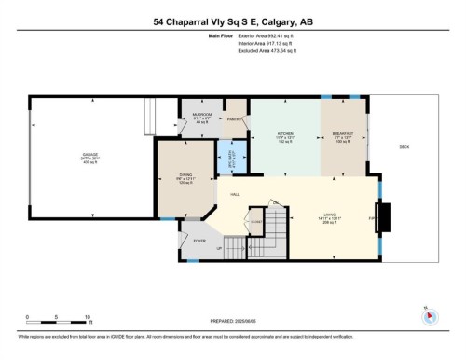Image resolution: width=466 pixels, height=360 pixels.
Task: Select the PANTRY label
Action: pyautogui.click(x=236, y=119)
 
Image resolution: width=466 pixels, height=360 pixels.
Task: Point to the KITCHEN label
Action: pyautogui.click(x=285, y=134)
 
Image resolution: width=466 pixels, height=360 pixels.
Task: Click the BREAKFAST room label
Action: pyautogui.click(x=343, y=134)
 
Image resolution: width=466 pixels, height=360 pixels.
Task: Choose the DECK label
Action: pyautogui.click(x=404, y=148)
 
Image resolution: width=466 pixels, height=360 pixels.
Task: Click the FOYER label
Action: pyautogui.click(x=199, y=241)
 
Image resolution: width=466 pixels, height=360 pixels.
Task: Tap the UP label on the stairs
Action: pyautogui.click(x=220, y=249)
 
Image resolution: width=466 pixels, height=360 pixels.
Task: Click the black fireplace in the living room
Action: pyautogui.click(x=387, y=218)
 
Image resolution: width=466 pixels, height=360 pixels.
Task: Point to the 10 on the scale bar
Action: pyautogui.click(x=86, y=317)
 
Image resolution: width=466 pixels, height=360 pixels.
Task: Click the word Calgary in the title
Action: pyautogui.click(x=280, y=20)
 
